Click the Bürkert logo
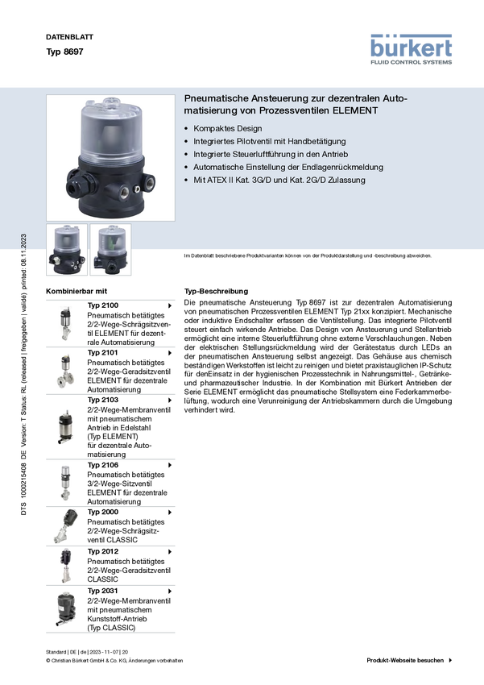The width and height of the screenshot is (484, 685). point(411,49)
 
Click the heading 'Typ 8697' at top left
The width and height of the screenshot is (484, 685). point(64,52)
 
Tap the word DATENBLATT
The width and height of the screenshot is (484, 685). point(69,37)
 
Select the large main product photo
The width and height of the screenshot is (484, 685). point(110,158)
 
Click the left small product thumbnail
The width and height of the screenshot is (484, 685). point(67,250)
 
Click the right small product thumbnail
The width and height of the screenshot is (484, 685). point(110,250)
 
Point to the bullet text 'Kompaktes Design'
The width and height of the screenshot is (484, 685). point(228,128)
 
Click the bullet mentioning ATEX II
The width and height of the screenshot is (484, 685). point(279,180)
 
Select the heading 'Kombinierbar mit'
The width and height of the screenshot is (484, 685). point(77,291)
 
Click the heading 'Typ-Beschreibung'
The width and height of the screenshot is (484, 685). point(216,291)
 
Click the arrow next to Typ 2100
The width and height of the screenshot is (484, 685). point(170,305)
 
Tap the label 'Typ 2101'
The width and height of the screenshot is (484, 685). point(102,352)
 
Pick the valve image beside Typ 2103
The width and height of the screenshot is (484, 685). point(66,427)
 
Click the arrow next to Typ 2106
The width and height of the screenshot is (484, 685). point(170,465)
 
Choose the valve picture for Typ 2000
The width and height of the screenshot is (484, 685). point(65,526)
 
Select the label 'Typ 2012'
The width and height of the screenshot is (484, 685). point(102,551)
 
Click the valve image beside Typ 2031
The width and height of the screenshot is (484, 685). point(66,609)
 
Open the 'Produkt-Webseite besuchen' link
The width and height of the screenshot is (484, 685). point(409,660)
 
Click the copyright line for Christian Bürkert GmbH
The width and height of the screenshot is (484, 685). point(114,661)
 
